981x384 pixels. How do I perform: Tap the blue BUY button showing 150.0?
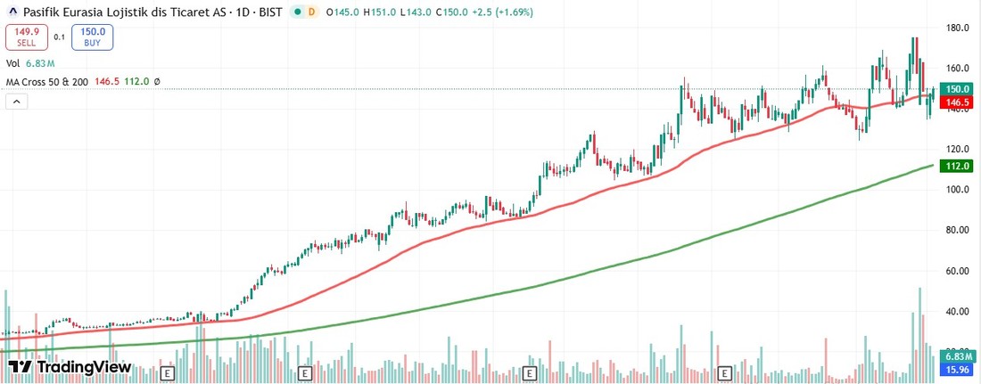point(93,37)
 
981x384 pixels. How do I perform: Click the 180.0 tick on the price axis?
point(958,28)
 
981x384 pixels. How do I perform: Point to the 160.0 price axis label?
point(958,69)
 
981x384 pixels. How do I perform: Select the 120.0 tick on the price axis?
point(958,149)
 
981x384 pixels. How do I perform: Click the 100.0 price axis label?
point(958,190)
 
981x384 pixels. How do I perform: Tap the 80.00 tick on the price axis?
point(958,230)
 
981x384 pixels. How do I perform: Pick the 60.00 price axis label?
point(958,271)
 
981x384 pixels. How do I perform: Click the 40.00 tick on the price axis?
point(958,312)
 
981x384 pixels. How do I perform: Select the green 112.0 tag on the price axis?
point(958,166)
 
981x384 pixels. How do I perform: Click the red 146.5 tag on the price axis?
point(958,103)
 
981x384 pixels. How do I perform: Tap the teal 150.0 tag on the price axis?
point(958,89)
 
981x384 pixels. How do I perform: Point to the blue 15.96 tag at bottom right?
point(958,370)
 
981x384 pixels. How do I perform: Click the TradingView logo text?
point(82,367)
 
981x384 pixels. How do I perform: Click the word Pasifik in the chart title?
point(45,12)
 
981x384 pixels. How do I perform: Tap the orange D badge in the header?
point(310,12)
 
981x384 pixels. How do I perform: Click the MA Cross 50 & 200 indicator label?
point(46,81)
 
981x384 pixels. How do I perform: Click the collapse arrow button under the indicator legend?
point(16,102)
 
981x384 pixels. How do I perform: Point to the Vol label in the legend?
point(12,63)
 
